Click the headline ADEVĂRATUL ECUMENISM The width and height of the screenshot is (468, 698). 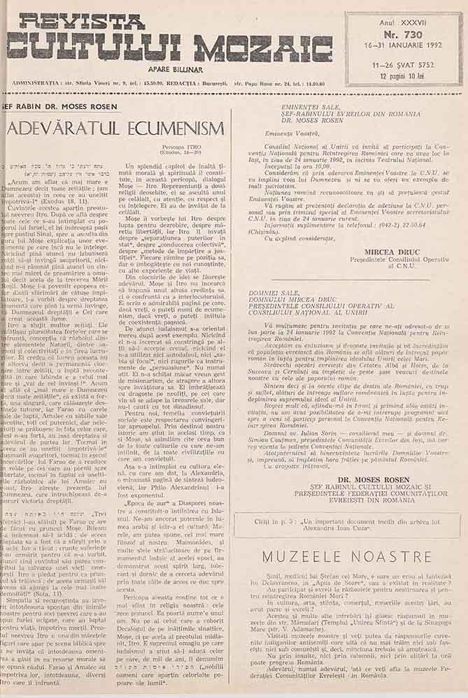tap(115, 129)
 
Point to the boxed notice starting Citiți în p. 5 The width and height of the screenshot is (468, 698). tap(346, 522)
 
